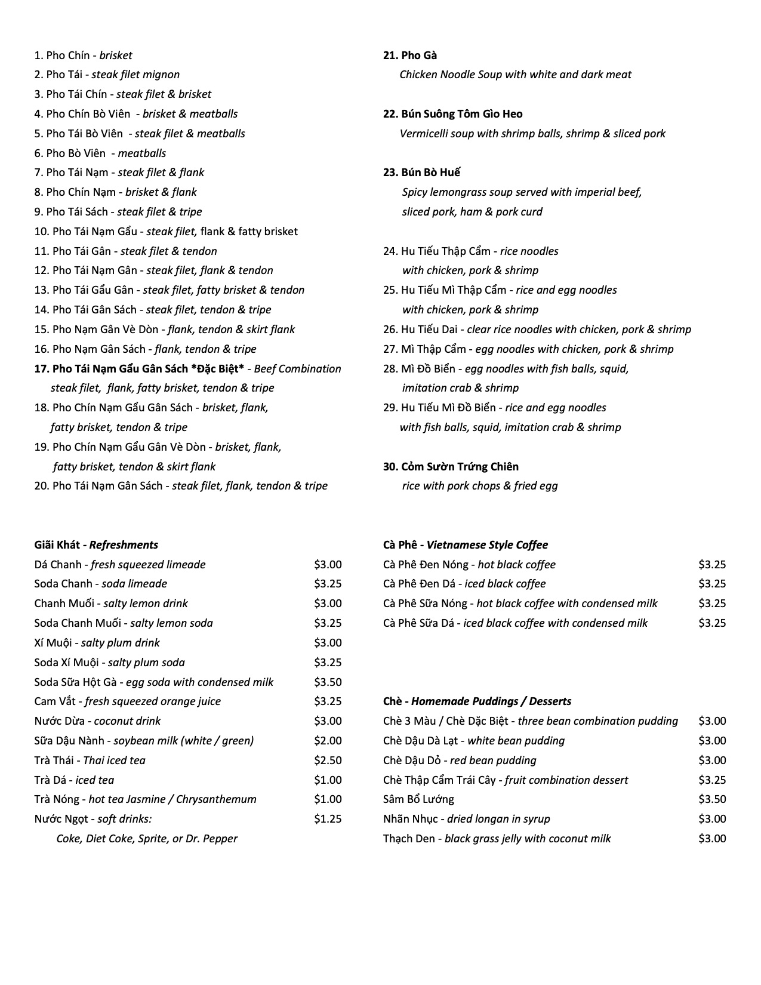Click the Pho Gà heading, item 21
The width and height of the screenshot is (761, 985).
410,56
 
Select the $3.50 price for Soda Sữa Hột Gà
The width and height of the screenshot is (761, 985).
328,682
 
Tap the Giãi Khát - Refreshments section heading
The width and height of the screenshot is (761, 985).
96,544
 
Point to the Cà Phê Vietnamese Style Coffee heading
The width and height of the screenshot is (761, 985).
465,544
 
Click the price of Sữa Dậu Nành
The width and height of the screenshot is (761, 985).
328,741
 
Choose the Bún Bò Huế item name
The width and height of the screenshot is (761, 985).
421,173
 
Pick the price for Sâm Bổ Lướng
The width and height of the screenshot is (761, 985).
712,799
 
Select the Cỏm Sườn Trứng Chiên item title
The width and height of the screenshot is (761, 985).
451,467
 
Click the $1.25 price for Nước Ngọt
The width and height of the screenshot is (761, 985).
328,819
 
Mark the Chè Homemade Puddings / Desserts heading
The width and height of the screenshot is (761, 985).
477,701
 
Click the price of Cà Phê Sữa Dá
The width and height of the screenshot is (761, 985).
712,623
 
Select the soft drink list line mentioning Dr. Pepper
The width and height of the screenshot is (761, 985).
147,839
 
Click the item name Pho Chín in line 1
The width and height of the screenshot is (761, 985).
67,56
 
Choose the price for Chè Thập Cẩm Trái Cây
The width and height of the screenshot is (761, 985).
712,780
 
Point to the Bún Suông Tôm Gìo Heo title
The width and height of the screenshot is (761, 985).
453,114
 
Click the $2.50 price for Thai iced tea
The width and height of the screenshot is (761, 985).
328,761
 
